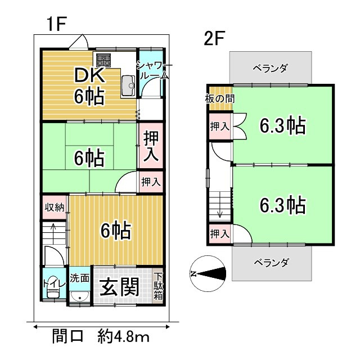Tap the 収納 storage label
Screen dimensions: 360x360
(54, 207)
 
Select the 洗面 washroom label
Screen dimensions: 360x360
(80, 277)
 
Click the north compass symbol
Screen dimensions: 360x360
(208, 274)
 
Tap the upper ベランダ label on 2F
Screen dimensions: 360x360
(270, 69)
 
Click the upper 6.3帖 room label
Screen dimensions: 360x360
(282, 125)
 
